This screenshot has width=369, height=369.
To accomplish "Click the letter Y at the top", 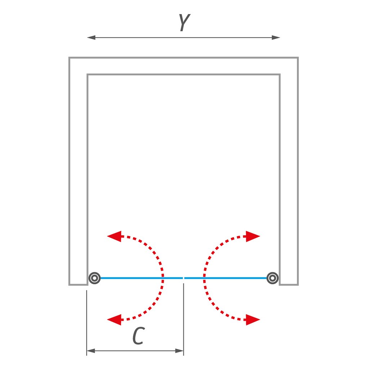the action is tap(183, 23).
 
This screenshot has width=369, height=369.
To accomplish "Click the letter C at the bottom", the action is tap(137, 336).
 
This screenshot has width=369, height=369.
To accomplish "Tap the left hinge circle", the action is tap(94, 278).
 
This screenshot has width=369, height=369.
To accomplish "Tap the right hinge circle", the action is tap(272, 278).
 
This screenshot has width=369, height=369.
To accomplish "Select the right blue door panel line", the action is tap(227, 278).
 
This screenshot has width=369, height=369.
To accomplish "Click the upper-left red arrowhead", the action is tap(114, 236).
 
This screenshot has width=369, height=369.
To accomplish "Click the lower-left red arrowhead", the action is tap(114, 319).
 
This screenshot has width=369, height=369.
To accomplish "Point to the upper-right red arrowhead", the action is tap(253, 236).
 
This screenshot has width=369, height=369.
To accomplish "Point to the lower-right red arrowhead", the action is tap(253, 319).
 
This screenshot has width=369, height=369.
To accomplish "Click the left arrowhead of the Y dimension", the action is tap(91, 37).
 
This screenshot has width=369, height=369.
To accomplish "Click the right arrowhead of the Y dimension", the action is tap(276, 37).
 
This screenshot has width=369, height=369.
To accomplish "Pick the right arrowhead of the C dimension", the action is tap(180, 350).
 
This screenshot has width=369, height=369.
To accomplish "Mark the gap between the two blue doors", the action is tap(184, 278).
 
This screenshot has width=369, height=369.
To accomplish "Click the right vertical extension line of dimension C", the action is tap(184, 317).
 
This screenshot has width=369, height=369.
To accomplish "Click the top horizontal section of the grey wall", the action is tap(183, 66).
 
